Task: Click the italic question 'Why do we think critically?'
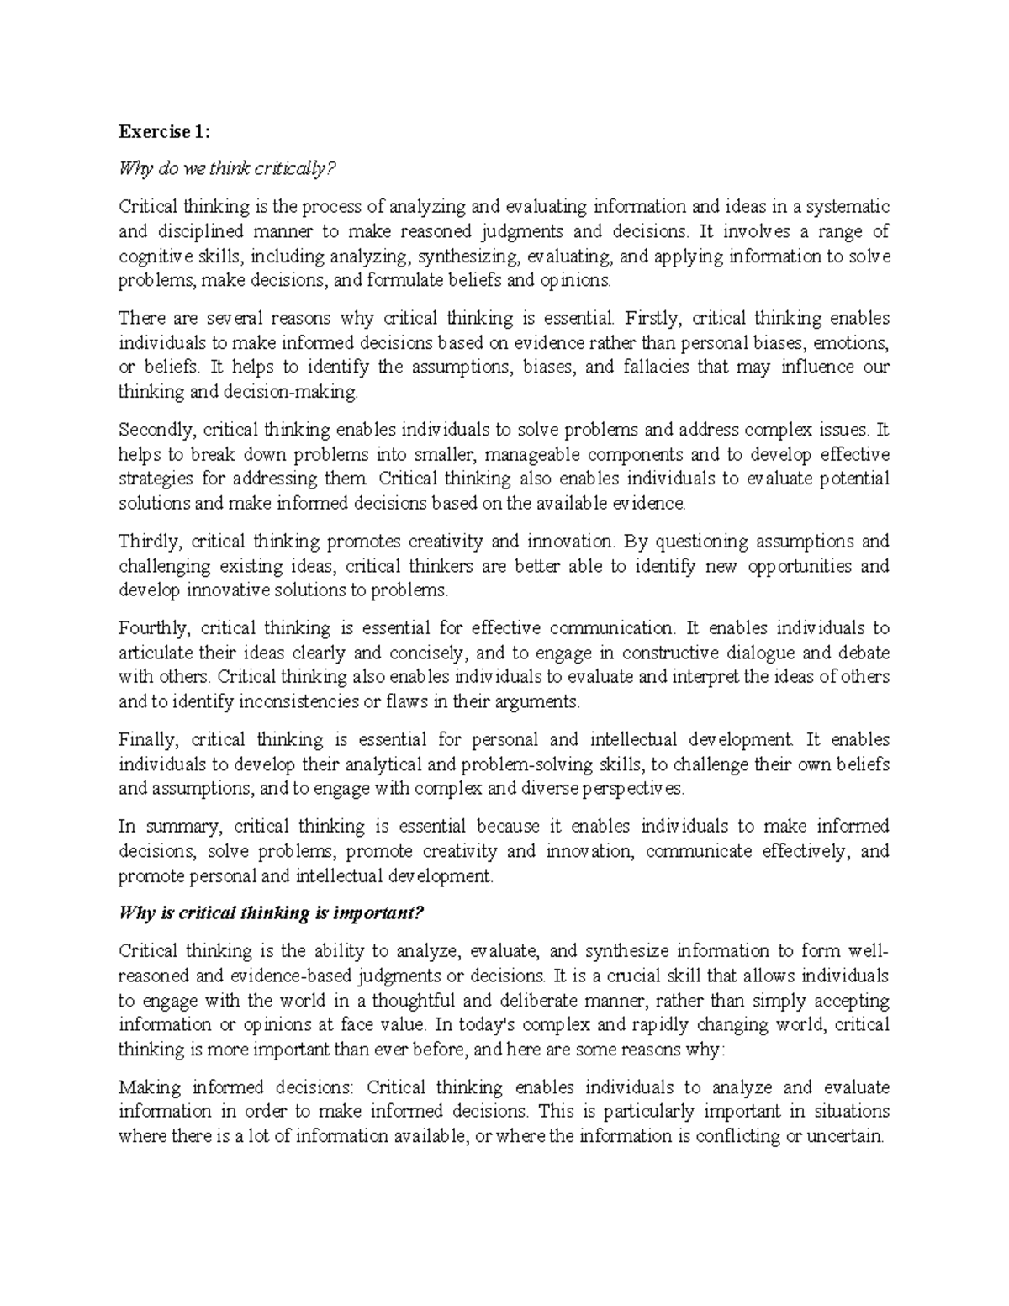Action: click(227, 169)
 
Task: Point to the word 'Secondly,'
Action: click(157, 430)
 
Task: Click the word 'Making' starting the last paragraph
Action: click(150, 1087)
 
